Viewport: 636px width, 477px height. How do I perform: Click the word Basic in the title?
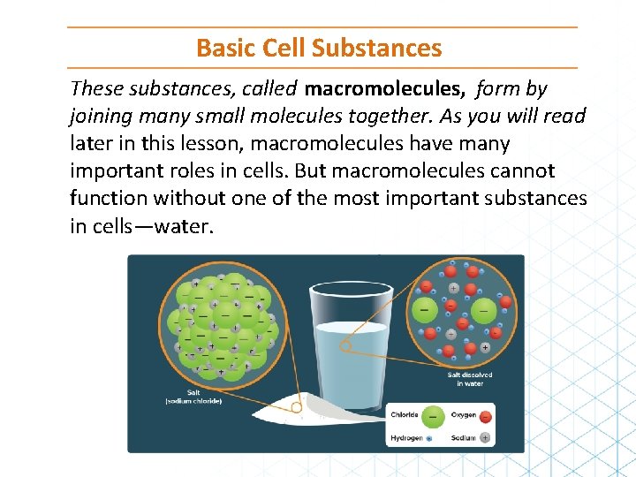pyautogui.click(x=221, y=47)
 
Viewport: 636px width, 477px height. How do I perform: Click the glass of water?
pyautogui.click(x=352, y=353)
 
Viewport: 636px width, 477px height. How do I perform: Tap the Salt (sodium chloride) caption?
pyautogui.click(x=193, y=397)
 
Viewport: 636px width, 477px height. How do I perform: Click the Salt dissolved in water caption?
pyautogui.click(x=470, y=379)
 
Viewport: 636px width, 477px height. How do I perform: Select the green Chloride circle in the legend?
pyautogui.click(x=433, y=415)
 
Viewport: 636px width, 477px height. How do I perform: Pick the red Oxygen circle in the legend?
pyautogui.click(x=485, y=415)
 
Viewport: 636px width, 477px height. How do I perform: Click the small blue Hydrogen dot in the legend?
pyautogui.click(x=428, y=438)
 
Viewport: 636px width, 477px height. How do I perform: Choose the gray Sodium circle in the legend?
pyautogui.click(x=485, y=437)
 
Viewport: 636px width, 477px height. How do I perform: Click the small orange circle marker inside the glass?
pyautogui.click(x=347, y=347)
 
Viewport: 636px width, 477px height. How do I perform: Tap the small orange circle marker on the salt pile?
pyautogui.click(x=297, y=408)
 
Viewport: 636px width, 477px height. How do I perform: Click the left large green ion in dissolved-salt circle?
pyautogui.click(x=427, y=310)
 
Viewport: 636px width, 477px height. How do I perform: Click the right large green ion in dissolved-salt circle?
pyautogui.click(x=483, y=310)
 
